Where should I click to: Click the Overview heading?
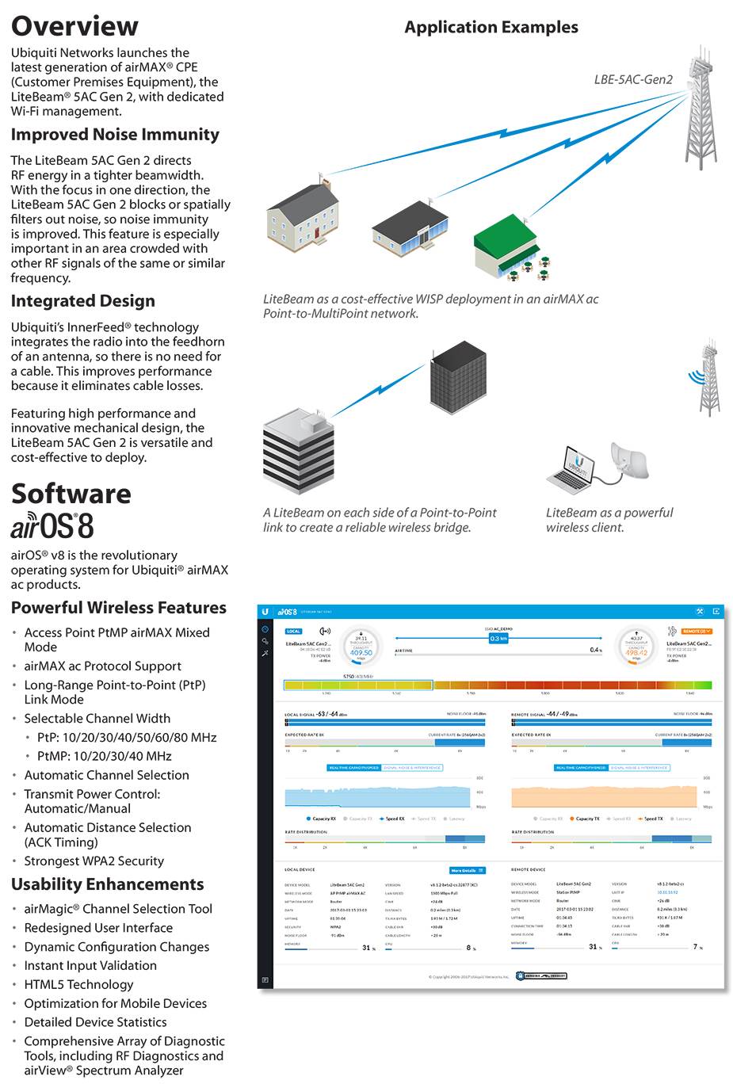click(x=74, y=26)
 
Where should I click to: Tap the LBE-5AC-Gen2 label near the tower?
click(x=633, y=79)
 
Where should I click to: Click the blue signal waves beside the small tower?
click(x=695, y=375)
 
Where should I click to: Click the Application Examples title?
click(x=491, y=27)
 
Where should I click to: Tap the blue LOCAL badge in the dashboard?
click(x=293, y=632)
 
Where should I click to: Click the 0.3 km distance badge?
click(x=498, y=638)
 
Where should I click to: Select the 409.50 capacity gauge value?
click(x=361, y=653)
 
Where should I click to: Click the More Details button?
click(x=467, y=870)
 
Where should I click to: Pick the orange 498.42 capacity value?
click(x=636, y=653)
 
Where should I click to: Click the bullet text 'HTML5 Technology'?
click(x=78, y=984)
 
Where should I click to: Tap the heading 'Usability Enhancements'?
click(x=108, y=884)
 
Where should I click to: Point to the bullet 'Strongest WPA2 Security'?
click(x=94, y=861)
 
